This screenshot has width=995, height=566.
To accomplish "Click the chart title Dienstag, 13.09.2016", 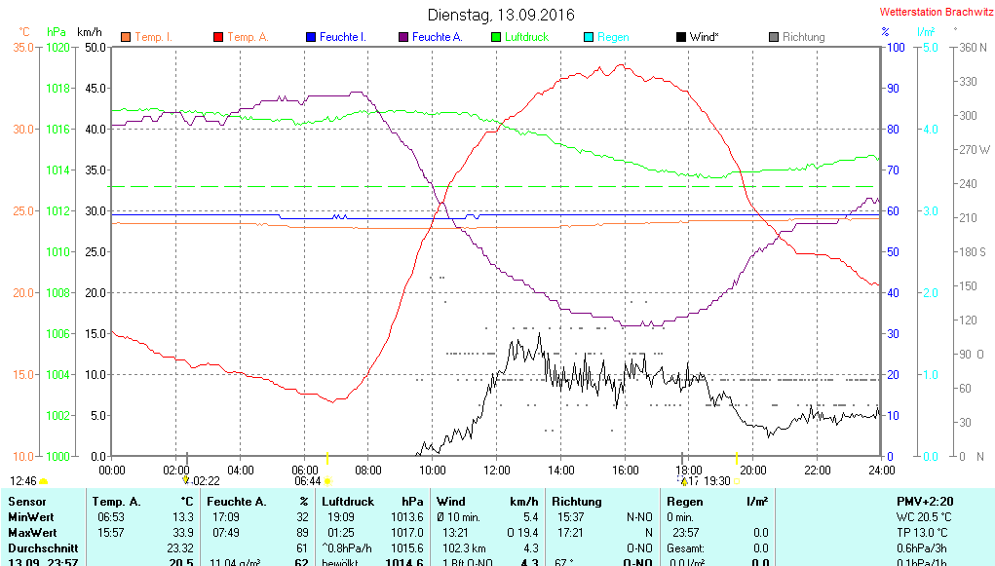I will click(501, 15).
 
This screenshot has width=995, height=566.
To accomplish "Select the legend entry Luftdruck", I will click(526, 37).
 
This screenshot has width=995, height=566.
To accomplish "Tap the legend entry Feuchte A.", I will click(437, 37).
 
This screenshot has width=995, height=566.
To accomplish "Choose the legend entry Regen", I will click(613, 37).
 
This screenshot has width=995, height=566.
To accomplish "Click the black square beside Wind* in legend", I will click(680, 37).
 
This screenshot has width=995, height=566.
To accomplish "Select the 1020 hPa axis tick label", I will click(58, 47).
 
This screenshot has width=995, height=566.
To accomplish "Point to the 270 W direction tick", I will click(975, 150).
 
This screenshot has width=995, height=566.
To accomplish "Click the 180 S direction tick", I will click(975, 252).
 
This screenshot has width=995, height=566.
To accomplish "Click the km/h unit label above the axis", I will click(90, 32).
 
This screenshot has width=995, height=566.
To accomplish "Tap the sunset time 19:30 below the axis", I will click(716, 481).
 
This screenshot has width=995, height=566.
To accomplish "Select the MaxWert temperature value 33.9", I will click(181, 532).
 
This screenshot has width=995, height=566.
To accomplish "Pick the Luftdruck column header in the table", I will click(348, 501).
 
